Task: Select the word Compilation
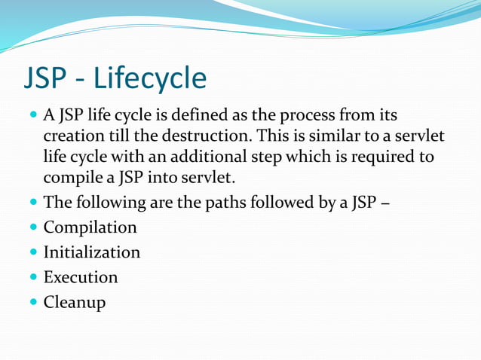tap(90, 227)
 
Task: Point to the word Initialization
tap(91, 252)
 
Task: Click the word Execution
tap(80, 277)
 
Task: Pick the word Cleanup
tap(74, 302)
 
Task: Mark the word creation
tap(73, 137)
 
